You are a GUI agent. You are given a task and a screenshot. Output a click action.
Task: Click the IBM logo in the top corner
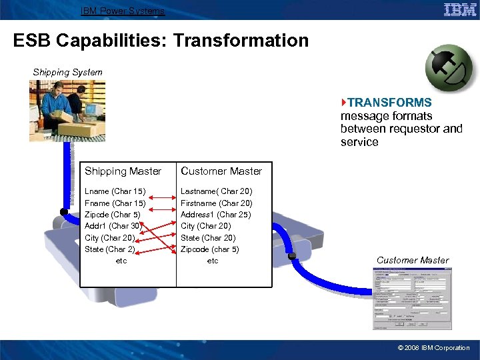coord(459,9)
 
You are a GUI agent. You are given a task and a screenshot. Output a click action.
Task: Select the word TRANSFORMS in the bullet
coord(389,103)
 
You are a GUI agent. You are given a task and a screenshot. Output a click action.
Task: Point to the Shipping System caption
coord(68,72)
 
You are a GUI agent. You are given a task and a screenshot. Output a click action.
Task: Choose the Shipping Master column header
coord(123,171)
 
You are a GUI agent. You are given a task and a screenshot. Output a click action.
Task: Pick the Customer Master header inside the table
coord(221,171)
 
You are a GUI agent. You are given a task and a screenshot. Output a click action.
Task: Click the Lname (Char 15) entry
coord(115,192)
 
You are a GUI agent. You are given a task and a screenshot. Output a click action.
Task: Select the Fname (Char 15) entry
coord(115,203)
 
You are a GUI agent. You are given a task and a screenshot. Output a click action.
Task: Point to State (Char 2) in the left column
coord(110,249)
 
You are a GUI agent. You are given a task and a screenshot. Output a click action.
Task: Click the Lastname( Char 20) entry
coord(217,192)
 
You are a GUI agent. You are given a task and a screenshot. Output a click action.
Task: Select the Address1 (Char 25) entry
coord(216,215)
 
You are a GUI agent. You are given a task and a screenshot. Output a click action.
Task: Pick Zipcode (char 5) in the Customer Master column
coord(210,249)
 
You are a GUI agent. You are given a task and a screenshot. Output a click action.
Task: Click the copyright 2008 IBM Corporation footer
coord(433,348)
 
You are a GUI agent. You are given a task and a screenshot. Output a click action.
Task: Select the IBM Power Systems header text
coord(122,11)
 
